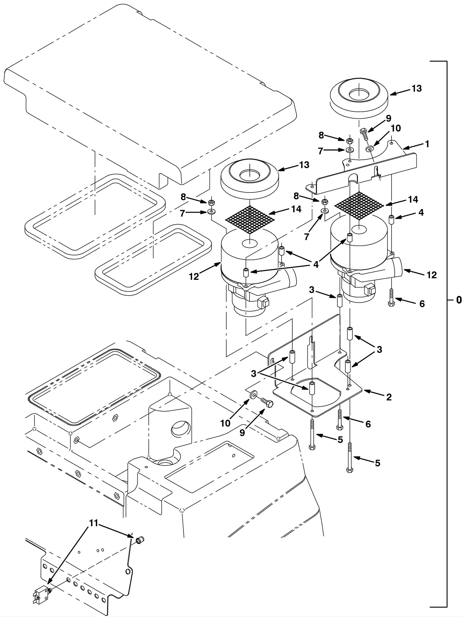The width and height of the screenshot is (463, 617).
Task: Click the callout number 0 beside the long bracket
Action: tap(459, 300)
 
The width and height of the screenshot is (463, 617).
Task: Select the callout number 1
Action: tap(427, 144)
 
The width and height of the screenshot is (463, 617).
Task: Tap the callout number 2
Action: tap(389, 397)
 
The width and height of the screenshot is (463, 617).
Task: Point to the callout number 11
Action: tap(93, 523)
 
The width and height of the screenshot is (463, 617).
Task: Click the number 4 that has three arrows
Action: tap(316, 264)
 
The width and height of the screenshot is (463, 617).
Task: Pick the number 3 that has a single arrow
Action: tap(312, 290)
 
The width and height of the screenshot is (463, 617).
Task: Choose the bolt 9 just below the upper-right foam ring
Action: tap(365, 134)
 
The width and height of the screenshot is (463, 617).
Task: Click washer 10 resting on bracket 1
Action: tap(370, 149)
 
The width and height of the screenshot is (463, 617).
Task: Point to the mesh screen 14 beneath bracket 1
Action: tap(359, 205)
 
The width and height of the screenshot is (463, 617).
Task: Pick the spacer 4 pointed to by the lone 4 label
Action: tap(392, 219)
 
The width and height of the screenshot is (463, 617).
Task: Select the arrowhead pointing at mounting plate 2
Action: tap(365, 391)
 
